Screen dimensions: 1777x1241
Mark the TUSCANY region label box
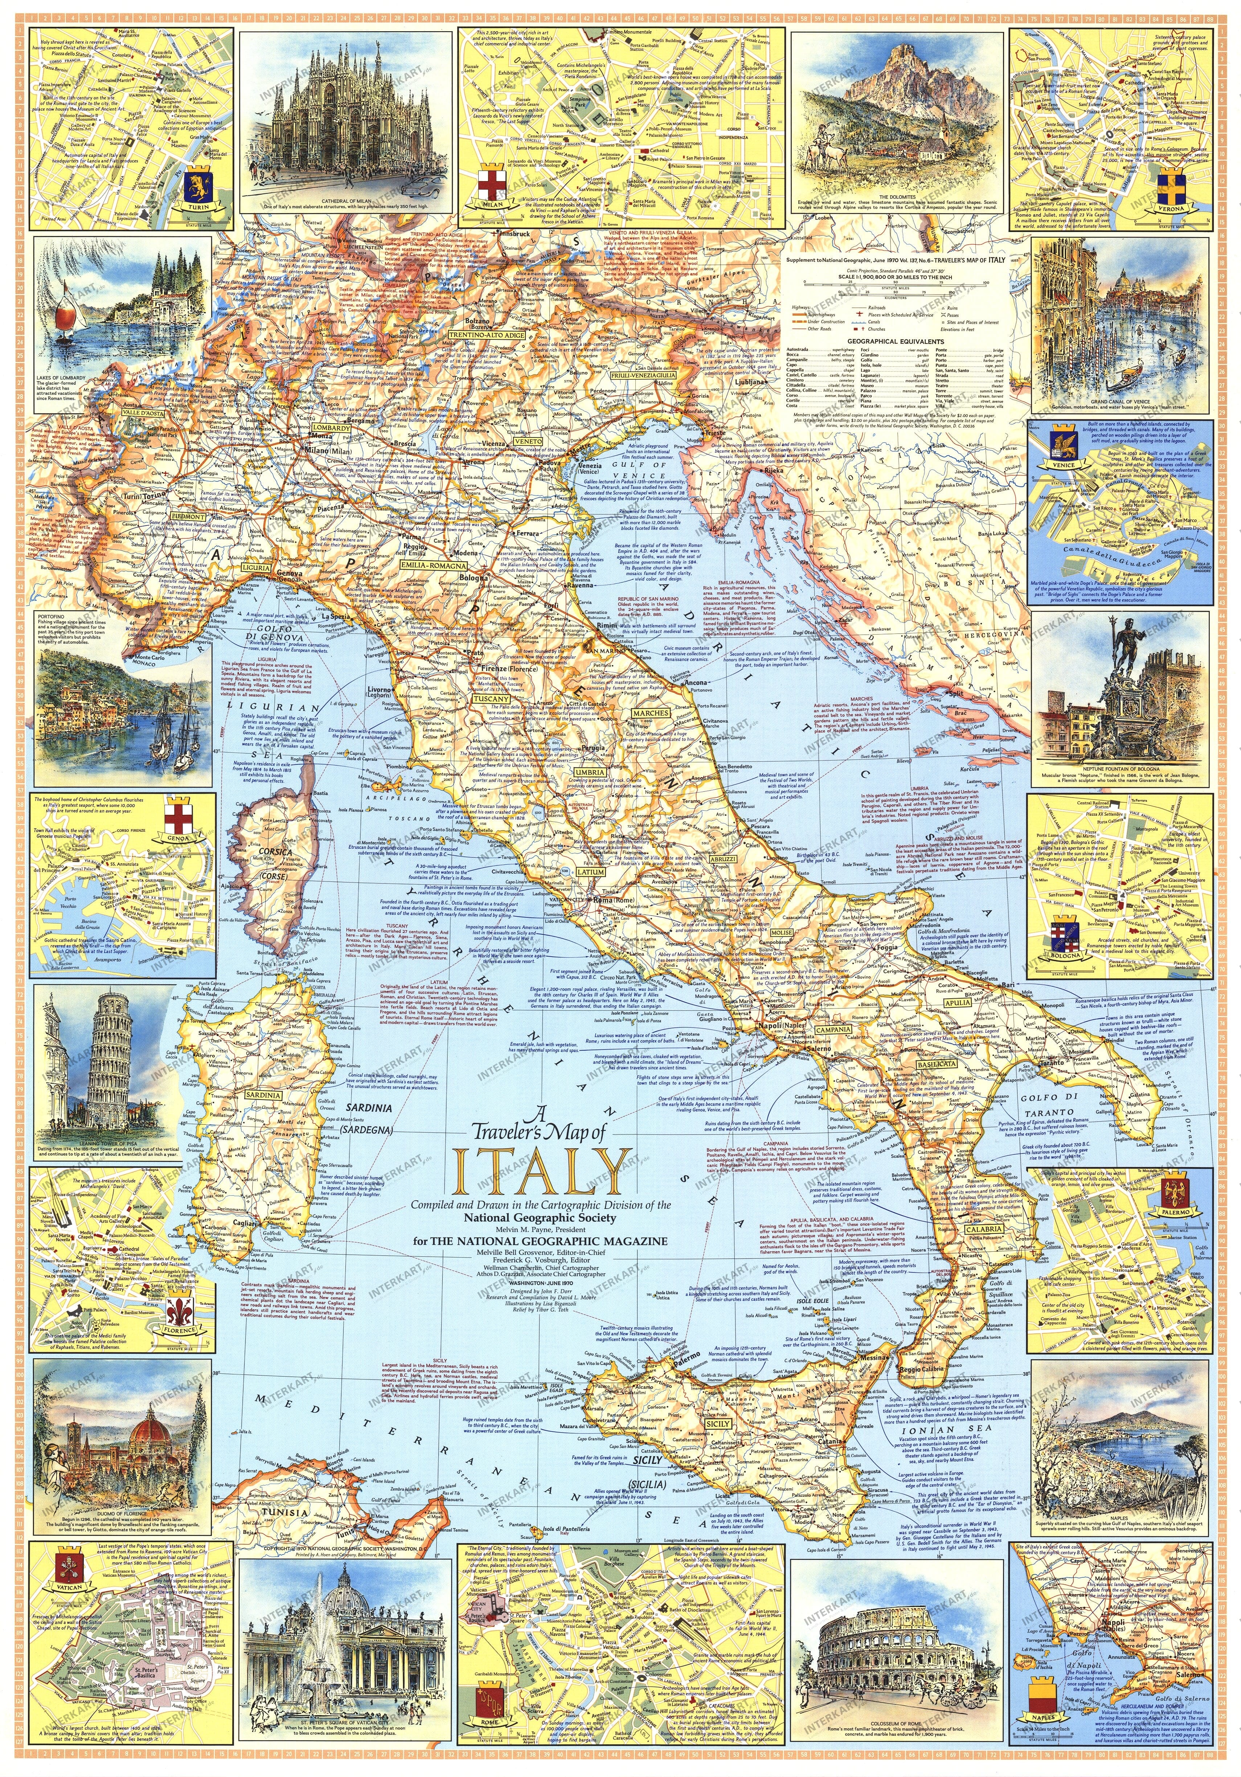pos(491,699)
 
